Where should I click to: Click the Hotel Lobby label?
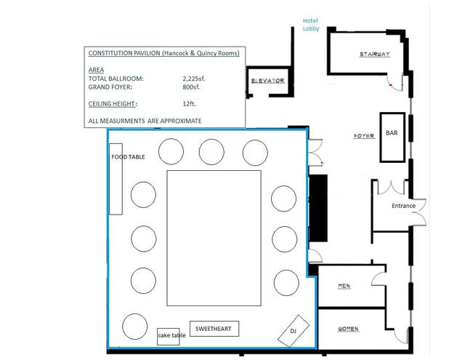311,25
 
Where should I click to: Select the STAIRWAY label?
375,55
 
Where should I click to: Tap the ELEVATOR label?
268,81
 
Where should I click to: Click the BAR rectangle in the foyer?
392,137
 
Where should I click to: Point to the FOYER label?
364,136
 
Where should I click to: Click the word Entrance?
403,206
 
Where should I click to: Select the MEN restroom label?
344,286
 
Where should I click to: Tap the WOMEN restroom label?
349,329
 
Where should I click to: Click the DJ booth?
294,331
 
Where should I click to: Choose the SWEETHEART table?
214,329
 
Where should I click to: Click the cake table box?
168,337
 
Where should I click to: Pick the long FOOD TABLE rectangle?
116,179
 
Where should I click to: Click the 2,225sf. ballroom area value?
194,79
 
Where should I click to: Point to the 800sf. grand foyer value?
191,87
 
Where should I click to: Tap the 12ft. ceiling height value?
189,103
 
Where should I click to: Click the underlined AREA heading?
96,70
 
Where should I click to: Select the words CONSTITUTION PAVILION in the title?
124,53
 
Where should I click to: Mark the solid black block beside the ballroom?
318,208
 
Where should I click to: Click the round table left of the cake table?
135,326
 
